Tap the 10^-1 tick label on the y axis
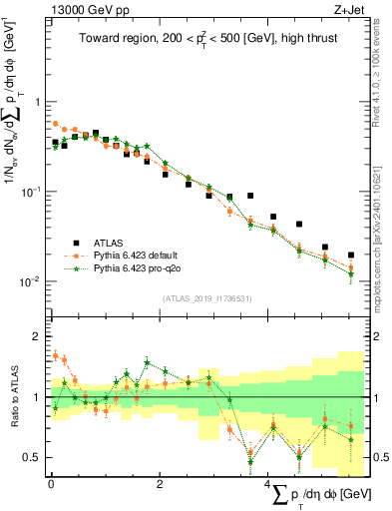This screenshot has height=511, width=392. click(x=30, y=192)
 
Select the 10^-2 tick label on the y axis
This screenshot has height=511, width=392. click(x=30, y=281)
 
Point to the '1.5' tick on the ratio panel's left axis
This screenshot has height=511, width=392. click(x=32, y=367)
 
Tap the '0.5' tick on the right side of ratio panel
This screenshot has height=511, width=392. click(x=380, y=458)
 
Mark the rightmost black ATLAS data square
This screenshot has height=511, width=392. click(x=351, y=255)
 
